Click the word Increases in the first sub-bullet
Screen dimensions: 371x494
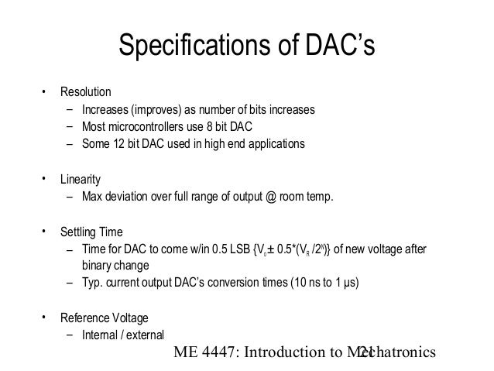pos(105,109)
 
